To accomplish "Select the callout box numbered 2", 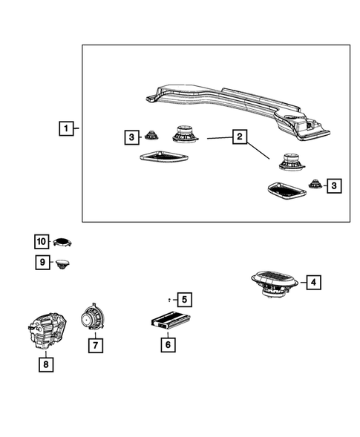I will (x=238, y=137).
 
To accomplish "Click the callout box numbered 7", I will (x=94, y=345).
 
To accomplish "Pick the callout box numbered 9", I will (x=42, y=262).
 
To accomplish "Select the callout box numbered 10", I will (x=42, y=241).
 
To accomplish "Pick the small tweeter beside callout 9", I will (x=63, y=263).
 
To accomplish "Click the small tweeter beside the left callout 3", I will (x=152, y=135).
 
